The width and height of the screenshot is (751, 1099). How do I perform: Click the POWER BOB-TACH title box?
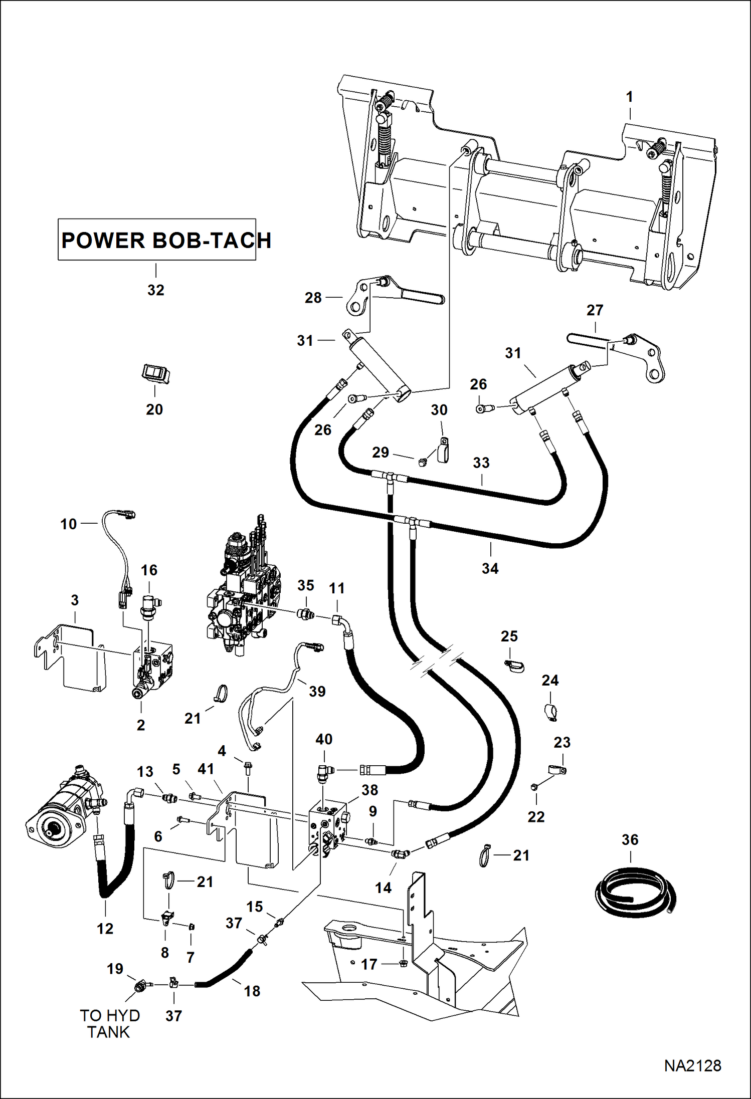(157, 240)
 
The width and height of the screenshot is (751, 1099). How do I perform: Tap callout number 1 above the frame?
(630, 97)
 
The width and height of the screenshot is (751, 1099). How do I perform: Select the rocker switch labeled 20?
(155, 374)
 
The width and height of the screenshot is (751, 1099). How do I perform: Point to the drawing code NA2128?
(692, 1065)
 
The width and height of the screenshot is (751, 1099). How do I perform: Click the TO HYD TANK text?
(109, 1023)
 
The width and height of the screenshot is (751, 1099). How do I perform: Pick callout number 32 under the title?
(155, 290)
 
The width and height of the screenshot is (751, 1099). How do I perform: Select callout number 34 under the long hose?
(490, 568)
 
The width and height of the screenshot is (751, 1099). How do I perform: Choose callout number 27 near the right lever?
(595, 310)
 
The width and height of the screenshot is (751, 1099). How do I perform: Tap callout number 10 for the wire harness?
(69, 524)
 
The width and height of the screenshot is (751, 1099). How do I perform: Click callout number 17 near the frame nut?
(369, 964)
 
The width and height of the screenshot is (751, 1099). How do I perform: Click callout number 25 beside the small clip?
(509, 636)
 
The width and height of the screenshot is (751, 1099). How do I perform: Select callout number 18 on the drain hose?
(252, 991)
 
